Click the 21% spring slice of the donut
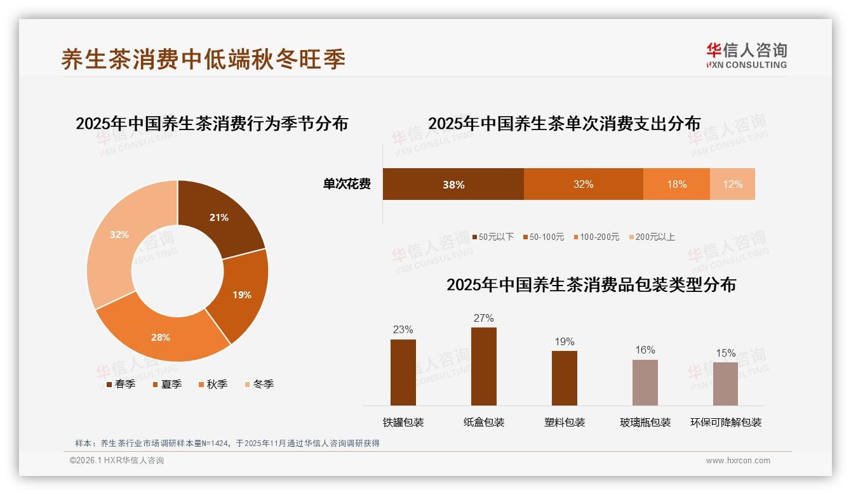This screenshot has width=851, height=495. pyautogui.click(x=222, y=216)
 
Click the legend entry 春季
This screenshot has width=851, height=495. pyautogui.click(x=121, y=385)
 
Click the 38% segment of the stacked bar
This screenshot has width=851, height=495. pyautogui.click(x=453, y=185)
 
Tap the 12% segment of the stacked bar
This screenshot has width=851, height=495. pyautogui.click(x=732, y=185)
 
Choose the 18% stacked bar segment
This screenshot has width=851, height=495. pyautogui.click(x=676, y=185)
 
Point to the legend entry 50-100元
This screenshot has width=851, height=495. pyautogui.click(x=544, y=237)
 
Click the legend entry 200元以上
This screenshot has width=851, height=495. pyautogui.click(x=652, y=237)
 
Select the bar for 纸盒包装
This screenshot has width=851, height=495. pyautogui.click(x=484, y=366)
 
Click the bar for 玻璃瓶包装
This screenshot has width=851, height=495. pyautogui.click(x=645, y=383)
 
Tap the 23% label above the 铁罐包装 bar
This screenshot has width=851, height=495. pyautogui.click(x=403, y=330)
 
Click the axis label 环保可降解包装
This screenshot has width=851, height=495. pyautogui.click(x=726, y=423)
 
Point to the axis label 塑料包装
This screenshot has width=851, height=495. pyautogui.click(x=565, y=423)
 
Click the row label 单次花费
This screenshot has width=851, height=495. pyautogui.click(x=347, y=185)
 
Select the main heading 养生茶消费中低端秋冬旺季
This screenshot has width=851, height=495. pyautogui.click(x=203, y=60)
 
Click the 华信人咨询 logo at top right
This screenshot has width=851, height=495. pyautogui.click(x=747, y=55)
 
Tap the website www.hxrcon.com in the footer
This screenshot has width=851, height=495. pyautogui.click(x=738, y=461)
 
